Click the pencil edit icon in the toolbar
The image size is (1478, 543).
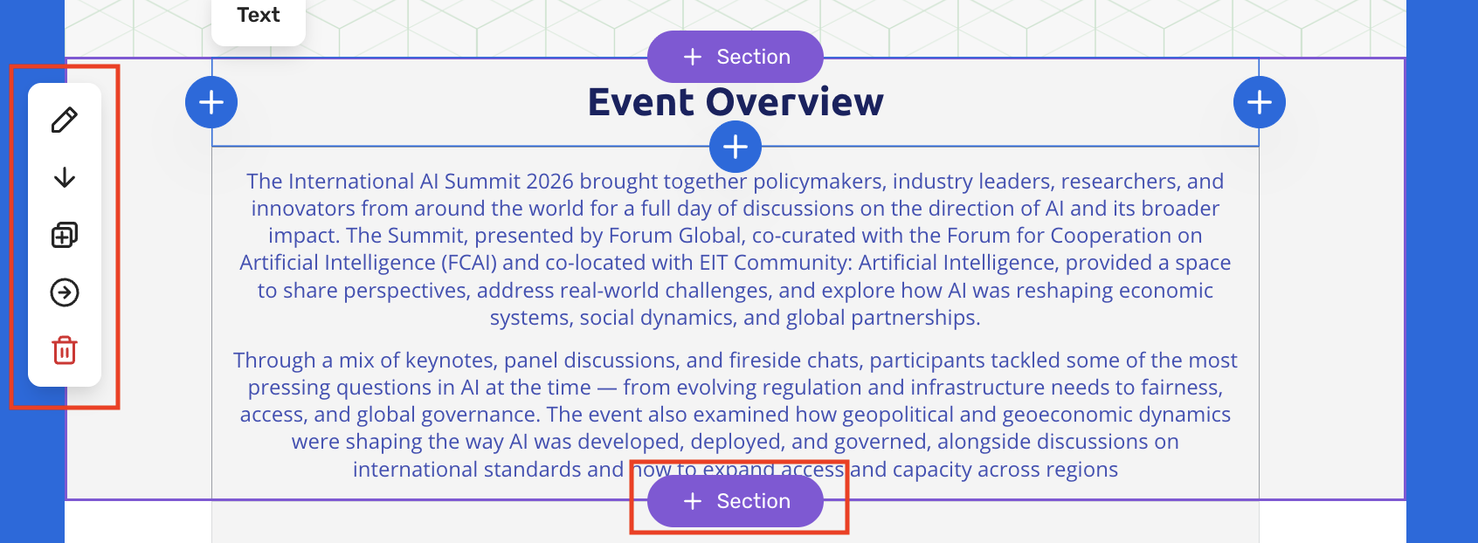(65, 120)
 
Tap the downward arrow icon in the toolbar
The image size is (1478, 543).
(65, 177)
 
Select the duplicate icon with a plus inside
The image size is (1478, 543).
(65, 235)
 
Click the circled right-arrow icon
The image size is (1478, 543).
(65, 292)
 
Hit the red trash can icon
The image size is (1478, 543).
(65, 350)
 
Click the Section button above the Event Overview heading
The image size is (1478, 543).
(735, 57)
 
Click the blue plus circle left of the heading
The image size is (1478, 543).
(211, 102)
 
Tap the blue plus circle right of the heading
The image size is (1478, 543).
(1259, 102)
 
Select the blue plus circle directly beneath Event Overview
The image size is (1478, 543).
(735, 147)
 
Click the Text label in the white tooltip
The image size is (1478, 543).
(259, 15)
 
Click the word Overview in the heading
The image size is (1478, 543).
(794, 102)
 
